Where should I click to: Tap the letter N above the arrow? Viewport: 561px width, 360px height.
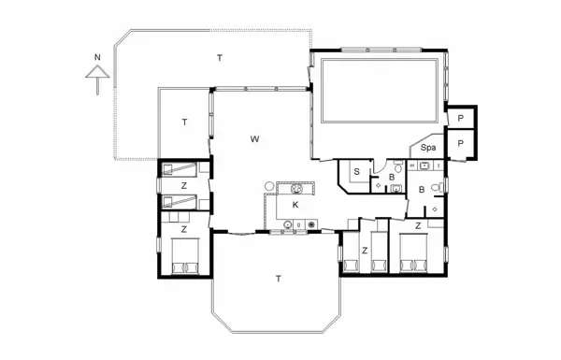click(97, 57)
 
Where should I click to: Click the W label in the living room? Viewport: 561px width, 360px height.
click(254, 139)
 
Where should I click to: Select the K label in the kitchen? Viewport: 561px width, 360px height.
click(295, 205)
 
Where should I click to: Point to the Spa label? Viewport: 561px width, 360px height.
click(428, 148)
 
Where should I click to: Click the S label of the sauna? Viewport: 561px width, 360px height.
click(357, 172)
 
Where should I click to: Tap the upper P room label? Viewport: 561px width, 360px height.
click(460, 118)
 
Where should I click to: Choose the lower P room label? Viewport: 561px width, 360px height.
click(460, 143)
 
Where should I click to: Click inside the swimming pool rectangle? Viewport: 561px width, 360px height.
click(380, 91)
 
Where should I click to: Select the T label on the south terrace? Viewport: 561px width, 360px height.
click(279, 279)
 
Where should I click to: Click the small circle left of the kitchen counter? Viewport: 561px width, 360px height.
click(269, 186)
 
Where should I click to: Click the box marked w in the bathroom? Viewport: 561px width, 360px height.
click(412, 166)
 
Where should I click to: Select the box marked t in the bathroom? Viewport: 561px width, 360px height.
click(439, 166)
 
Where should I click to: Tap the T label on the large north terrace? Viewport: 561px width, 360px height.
click(220, 58)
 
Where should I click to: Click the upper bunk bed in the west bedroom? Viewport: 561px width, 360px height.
click(180, 169)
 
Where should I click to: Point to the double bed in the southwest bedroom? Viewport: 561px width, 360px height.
click(185, 256)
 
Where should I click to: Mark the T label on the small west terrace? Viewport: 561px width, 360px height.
click(184, 122)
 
